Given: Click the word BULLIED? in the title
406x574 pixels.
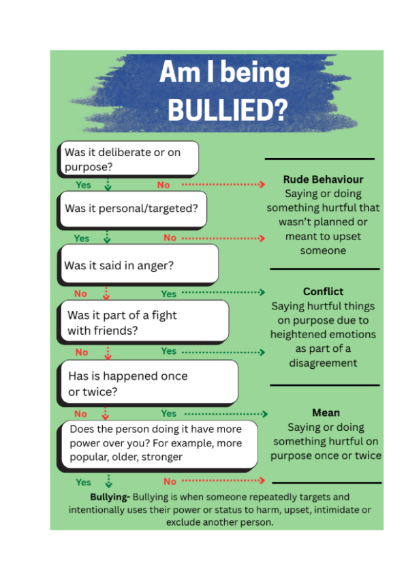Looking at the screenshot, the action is click(x=228, y=110).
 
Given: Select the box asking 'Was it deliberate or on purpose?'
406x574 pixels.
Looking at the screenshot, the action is click(x=128, y=160).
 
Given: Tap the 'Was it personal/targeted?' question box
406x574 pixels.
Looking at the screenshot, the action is click(x=132, y=210).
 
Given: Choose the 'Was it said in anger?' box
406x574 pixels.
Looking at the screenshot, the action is click(x=138, y=265).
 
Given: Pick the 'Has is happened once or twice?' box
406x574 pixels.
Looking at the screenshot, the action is click(x=147, y=383).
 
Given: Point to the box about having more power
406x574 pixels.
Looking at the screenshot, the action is click(x=157, y=446).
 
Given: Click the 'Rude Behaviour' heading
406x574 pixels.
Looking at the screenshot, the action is click(x=324, y=179).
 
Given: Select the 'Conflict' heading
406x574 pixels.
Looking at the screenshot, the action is click(x=324, y=291).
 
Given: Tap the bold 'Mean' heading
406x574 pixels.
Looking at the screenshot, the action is click(x=326, y=412).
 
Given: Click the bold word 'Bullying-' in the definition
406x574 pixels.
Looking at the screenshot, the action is click(x=110, y=497).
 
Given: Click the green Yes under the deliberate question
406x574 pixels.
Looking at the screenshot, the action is click(x=83, y=185).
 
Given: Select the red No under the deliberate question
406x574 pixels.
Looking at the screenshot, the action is click(x=163, y=185).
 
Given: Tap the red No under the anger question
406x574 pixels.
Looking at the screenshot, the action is click(x=80, y=294).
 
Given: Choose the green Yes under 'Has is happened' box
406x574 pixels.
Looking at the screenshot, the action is click(x=169, y=413).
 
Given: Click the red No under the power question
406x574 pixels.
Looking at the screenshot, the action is click(x=170, y=481).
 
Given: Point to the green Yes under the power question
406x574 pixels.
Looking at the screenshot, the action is click(x=83, y=482).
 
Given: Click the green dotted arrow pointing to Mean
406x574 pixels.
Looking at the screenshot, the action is click(x=226, y=414).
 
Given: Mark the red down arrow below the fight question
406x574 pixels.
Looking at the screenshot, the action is click(x=108, y=353).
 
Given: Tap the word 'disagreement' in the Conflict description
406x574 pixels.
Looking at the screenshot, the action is click(x=324, y=363).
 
